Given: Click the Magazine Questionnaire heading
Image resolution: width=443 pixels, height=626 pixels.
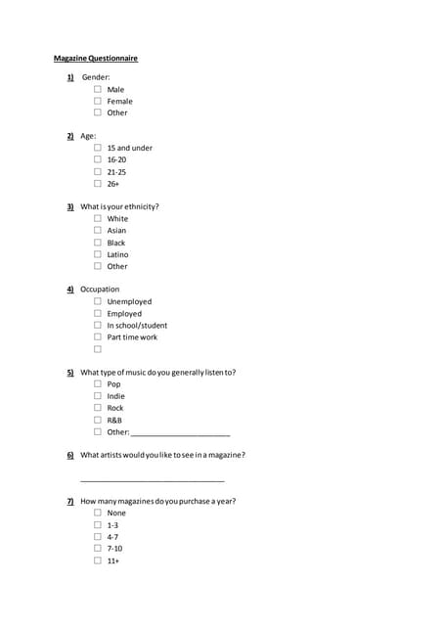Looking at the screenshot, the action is click(x=95, y=59).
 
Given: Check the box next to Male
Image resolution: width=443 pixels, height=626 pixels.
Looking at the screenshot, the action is click(x=98, y=89).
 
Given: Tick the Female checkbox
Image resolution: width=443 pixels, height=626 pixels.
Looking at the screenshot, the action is click(x=98, y=101).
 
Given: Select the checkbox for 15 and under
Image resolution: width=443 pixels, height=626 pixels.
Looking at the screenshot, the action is click(x=98, y=148).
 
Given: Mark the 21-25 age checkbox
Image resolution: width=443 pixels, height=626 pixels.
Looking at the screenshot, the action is click(x=98, y=171).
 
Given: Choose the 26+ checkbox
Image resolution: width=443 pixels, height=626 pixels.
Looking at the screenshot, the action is click(x=98, y=183).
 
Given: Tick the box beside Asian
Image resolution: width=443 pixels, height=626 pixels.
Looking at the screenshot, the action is click(x=98, y=231).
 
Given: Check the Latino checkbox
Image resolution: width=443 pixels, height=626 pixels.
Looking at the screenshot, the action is click(x=98, y=254).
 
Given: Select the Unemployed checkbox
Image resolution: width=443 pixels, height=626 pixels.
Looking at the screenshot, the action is click(x=98, y=301).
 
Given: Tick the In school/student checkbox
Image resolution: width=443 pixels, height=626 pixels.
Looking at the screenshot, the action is click(x=98, y=325).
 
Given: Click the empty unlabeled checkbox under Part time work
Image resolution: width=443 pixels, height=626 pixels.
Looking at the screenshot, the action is click(x=98, y=349).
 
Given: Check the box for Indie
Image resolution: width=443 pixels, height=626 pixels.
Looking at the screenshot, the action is click(x=98, y=396).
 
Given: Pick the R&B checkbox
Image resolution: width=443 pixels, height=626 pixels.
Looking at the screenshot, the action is click(x=98, y=420).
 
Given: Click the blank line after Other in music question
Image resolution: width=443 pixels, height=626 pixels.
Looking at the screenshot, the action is click(x=180, y=433).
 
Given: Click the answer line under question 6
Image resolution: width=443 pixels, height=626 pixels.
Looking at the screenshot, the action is click(x=152, y=479).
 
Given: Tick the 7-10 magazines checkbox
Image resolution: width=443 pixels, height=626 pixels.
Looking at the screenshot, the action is click(x=98, y=549).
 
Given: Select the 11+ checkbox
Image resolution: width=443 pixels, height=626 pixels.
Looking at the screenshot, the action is click(x=98, y=560).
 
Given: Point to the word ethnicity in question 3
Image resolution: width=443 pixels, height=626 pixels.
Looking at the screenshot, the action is click(x=140, y=207).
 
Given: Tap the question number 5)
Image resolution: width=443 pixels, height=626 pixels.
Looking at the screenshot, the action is click(x=70, y=373).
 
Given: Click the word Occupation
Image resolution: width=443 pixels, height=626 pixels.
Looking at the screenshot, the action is click(x=100, y=290).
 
